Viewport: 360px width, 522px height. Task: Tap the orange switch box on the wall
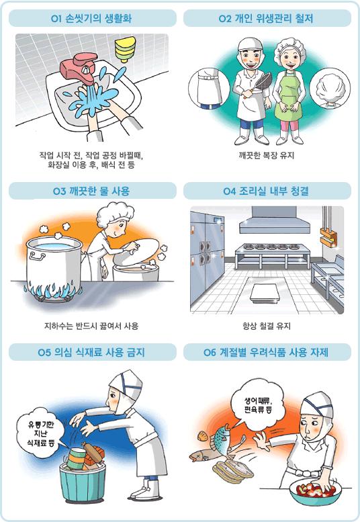(327, 234)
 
